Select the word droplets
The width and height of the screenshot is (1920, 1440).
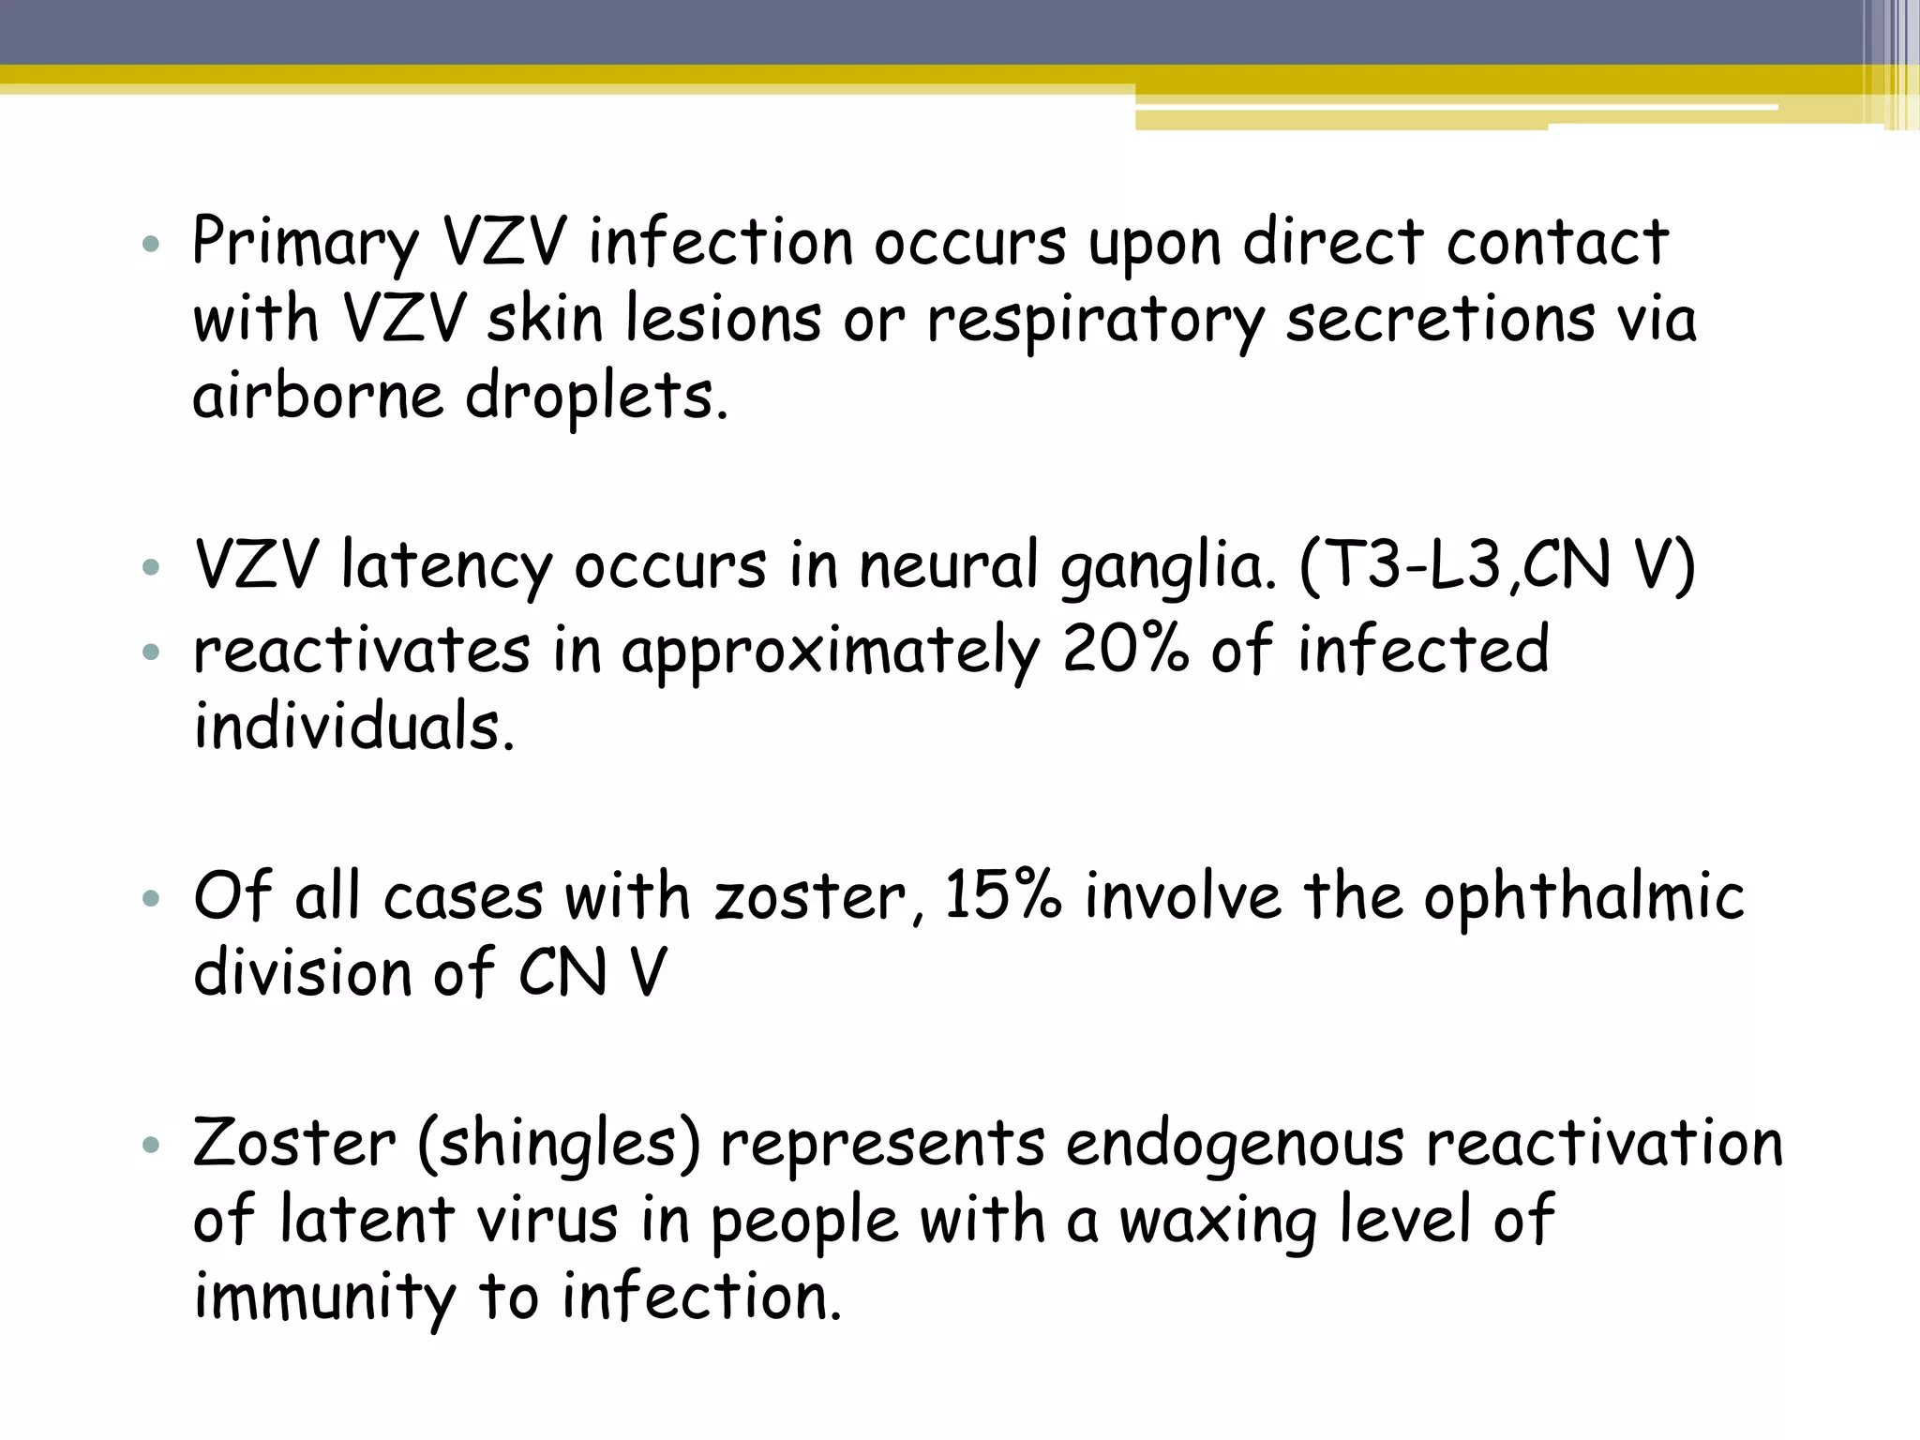[x=596, y=398]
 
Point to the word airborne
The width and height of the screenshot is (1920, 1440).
[x=317, y=397]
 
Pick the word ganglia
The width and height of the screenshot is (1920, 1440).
[x=1168, y=568]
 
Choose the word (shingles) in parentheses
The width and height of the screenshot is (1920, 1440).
[x=559, y=1145]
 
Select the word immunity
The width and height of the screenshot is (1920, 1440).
[x=323, y=1299]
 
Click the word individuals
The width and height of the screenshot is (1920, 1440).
[x=354, y=727]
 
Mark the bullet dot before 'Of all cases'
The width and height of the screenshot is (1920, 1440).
[x=151, y=900]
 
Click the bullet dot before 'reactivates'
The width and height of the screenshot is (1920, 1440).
[x=151, y=652]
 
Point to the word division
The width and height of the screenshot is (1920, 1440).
[x=301, y=973]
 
